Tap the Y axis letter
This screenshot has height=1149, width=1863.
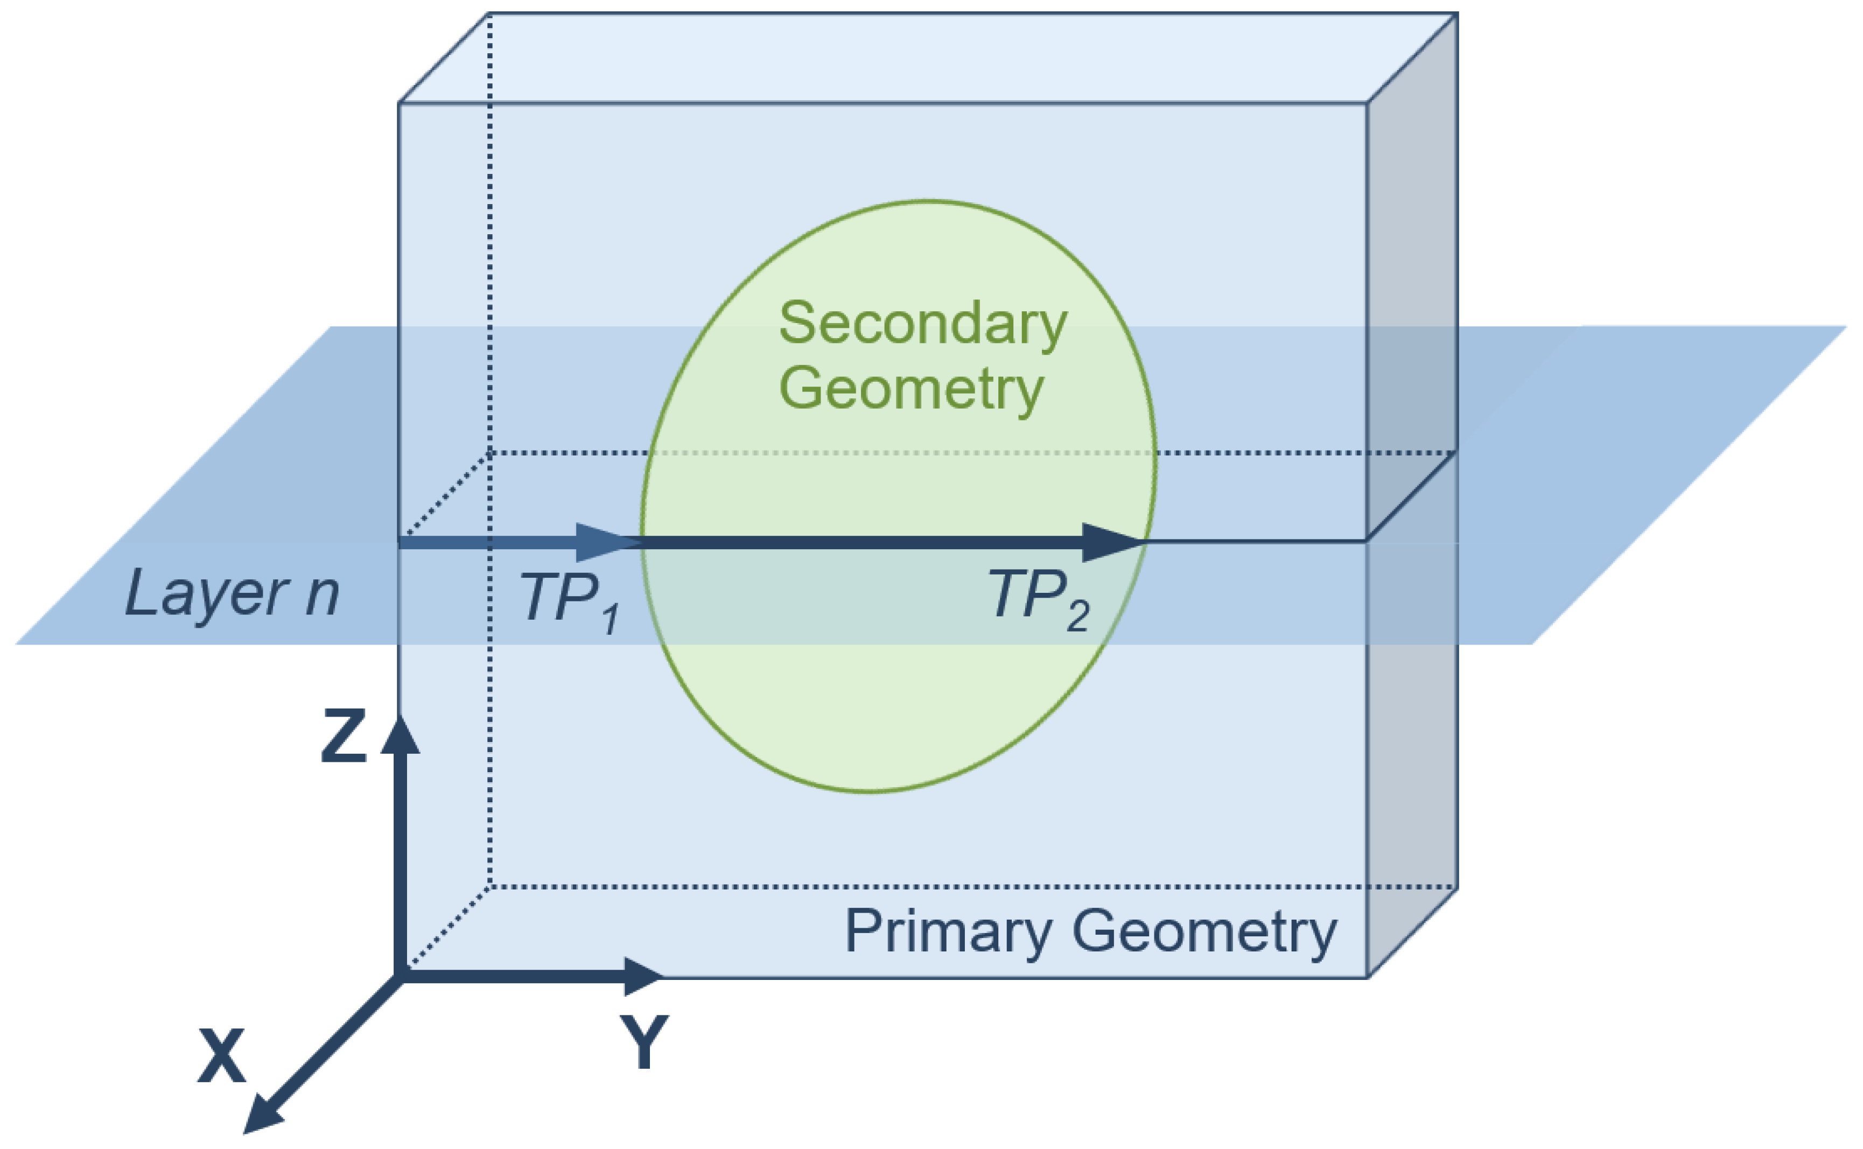pyautogui.click(x=645, y=1042)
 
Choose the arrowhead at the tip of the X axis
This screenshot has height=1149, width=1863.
pyautogui.click(x=262, y=1116)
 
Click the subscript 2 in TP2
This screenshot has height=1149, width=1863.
pyautogui.click(x=1077, y=615)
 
